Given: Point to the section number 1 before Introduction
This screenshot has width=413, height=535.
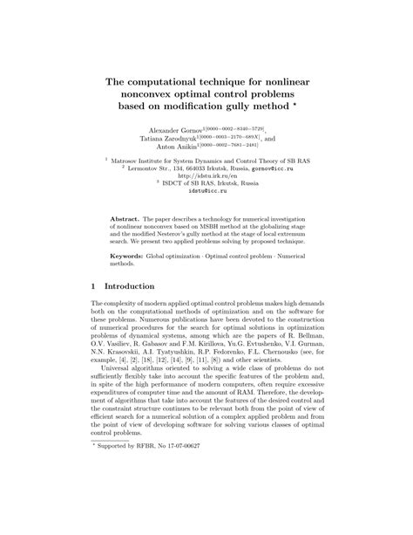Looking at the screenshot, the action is (95, 285).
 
